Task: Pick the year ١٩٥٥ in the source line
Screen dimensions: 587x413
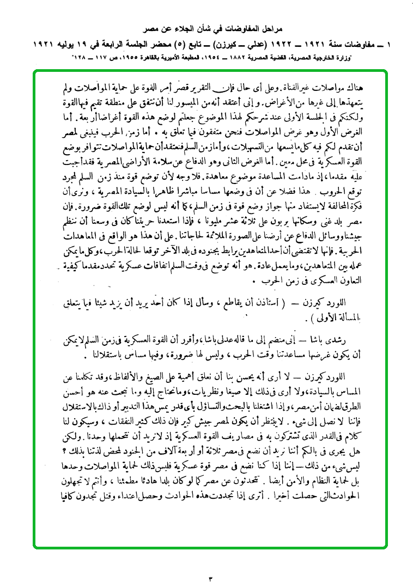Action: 139,55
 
